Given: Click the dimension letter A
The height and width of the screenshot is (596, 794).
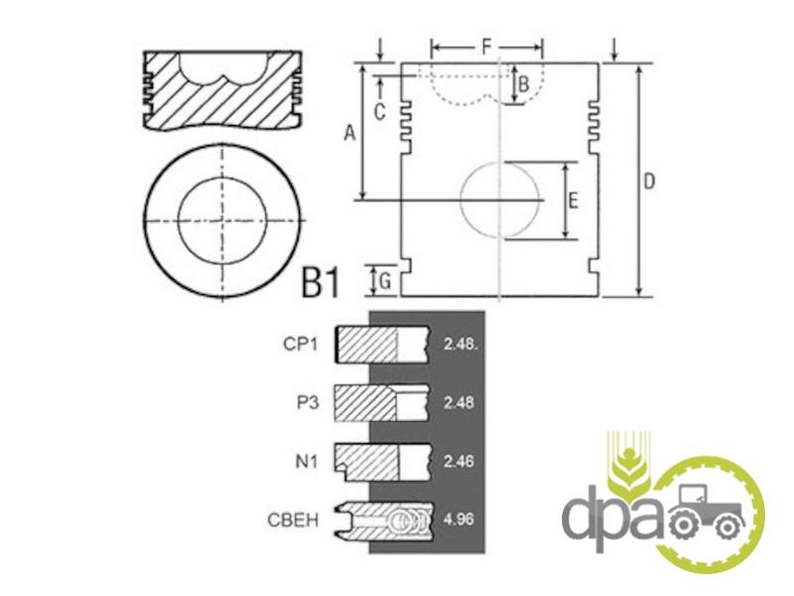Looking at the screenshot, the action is point(350,133).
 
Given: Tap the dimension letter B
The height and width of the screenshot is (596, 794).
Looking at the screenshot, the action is point(524,84).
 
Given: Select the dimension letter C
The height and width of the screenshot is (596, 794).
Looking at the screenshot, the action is point(380,112).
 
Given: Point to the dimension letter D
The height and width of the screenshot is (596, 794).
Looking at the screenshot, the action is point(649,182).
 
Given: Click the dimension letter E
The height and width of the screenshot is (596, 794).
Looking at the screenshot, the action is point(574,201).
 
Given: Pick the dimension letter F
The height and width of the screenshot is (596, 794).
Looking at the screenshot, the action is point(486,48).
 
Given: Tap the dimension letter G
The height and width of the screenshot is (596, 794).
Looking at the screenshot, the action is point(385,280).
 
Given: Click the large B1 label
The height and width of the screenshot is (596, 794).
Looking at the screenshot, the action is point(320,282).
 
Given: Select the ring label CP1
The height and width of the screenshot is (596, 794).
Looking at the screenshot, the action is point(301,344).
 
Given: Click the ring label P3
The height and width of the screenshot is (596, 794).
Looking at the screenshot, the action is point(308,403).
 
